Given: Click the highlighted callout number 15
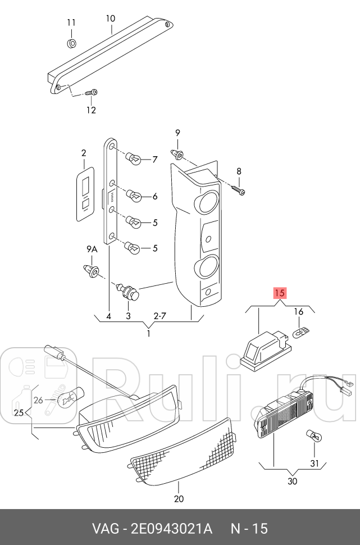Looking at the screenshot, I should tap(280, 293).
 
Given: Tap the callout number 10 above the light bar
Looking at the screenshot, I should tap(111, 19).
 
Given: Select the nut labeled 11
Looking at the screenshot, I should tap(71, 43).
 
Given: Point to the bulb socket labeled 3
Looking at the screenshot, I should tap(127, 292).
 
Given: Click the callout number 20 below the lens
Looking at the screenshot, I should tap(179, 498).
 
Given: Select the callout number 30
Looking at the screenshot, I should tap(292, 481).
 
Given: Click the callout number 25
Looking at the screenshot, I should tap(19, 413).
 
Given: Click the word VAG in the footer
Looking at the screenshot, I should tap(104, 528).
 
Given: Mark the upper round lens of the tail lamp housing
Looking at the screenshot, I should tap(207, 201).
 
